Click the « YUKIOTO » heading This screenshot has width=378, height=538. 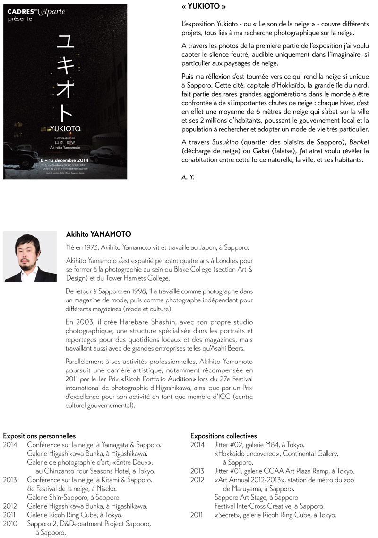click(204, 7)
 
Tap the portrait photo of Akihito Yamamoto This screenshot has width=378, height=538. click(30, 256)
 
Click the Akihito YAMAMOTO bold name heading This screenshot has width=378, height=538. click(99, 234)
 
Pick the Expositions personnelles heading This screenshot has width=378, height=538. click(39, 436)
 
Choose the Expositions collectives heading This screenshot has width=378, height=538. click(223, 436)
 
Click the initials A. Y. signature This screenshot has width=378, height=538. click(188, 177)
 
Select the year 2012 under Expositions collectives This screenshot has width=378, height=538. click(198, 480)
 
